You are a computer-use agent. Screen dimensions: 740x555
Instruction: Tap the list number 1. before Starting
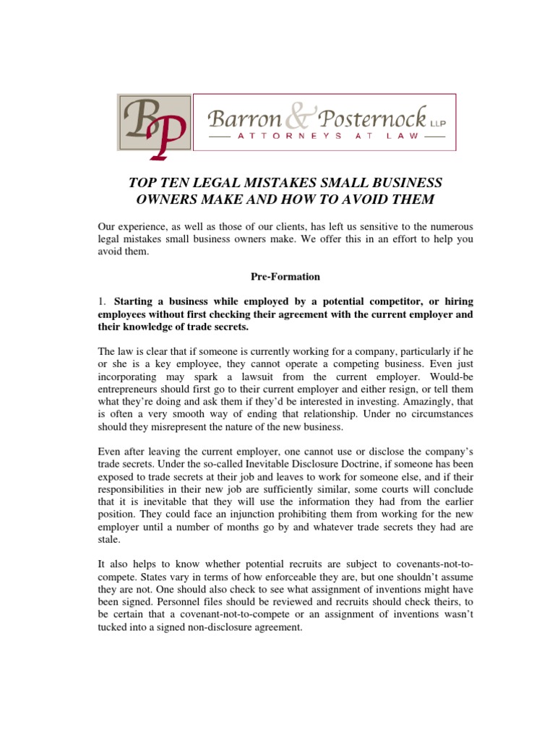(103, 301)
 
